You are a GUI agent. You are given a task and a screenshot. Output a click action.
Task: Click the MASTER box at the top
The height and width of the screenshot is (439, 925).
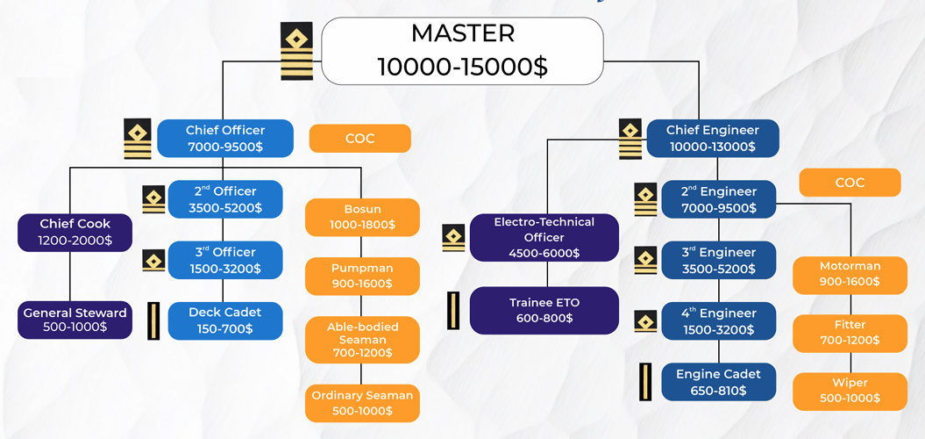click(462, 51)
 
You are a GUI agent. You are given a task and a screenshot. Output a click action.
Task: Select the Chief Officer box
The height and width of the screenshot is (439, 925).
click(224, 138)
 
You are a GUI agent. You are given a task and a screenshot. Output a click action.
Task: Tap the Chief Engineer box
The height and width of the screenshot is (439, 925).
click(712, 138)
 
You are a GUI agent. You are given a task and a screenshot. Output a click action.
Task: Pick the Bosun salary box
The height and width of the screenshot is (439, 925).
click(362, 217)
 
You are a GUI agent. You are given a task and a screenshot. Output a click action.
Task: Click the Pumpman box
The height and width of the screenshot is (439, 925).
click(362, 276)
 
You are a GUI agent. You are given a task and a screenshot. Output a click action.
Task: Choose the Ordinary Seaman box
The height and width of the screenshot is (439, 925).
click(362, 403)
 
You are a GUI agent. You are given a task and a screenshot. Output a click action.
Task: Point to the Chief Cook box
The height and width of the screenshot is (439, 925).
click(75, 232)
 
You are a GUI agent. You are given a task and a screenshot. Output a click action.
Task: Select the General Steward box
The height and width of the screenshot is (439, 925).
click(75, 320)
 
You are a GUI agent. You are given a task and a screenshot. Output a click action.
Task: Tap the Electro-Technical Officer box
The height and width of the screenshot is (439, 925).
click(544, 237)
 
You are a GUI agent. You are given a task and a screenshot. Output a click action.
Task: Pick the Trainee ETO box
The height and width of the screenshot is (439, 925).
click(544, 310)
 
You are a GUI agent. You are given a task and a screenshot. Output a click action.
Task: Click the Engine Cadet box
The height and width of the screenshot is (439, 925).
click(718, 382)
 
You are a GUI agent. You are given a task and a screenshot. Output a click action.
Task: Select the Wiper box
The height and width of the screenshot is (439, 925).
click(850, 391)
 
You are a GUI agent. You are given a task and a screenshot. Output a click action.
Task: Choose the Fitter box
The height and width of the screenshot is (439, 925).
click(850, 333)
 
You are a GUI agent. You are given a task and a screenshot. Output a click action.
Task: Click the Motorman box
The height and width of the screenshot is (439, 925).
click(850, 274)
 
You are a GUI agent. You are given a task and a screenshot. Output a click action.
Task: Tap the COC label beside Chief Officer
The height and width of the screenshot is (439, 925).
click(359, 139)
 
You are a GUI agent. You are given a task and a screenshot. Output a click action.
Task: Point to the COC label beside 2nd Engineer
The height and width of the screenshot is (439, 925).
click(850, 183)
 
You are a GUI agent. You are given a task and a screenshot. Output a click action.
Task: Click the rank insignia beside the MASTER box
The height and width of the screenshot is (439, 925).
click(296, 51)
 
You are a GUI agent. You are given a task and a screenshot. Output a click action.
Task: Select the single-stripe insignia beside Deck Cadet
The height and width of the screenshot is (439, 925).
click(154, 320)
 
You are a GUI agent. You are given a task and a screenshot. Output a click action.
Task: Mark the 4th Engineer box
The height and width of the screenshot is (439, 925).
click(718, 321)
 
